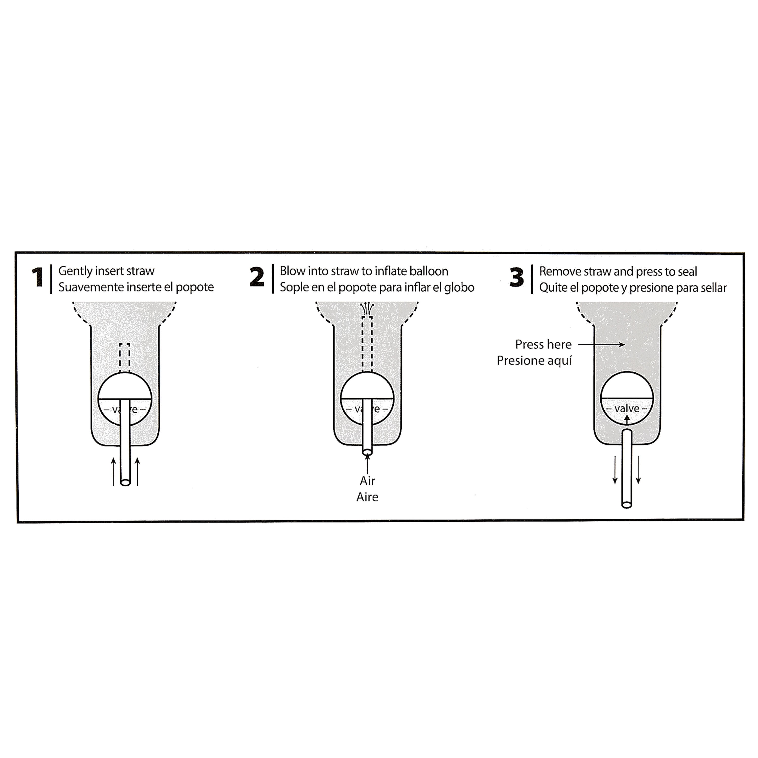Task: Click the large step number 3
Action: pyautogui.click(x=517, y=277)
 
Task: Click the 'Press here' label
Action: pyautogui.click(x=543, y=344)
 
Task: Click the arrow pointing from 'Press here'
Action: pyautogui.click(x=601, y=344)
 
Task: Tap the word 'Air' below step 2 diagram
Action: pyautogui.click(x=367, y=481)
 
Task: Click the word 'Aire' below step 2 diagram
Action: pyautogui.click(x=367, y=497)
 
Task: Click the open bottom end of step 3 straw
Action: pyautogui.click(x=627, y=505)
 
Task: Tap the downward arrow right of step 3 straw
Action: pyautogui.click(x=638, y=470)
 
